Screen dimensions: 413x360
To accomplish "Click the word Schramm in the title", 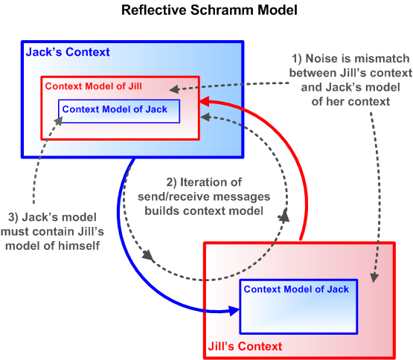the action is click(x=222, y=10).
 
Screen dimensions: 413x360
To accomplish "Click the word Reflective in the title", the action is click(x=154, y=10).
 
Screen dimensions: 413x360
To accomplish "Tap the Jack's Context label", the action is click(x=68, y=52).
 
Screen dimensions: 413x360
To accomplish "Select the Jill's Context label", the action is click(x=245, y=346).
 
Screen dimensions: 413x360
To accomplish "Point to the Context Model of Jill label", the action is click(x=94, y=86).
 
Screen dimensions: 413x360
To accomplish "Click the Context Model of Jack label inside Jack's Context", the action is click(x=115, y=109).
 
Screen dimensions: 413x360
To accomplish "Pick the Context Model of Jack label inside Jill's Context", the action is click(x=296, y=289).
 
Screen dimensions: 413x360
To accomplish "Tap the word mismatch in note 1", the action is click(x=380, y=59).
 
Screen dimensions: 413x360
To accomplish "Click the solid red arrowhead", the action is click(x=205, y=101).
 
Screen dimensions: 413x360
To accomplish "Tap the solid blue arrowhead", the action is click(x=234, y=310).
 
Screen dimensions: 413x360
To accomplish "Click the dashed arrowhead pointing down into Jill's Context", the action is click(x=374, y=278).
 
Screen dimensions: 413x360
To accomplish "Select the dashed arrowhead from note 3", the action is click(x=59, y=121).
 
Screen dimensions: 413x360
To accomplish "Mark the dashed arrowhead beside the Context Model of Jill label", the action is click(x=174, y=89).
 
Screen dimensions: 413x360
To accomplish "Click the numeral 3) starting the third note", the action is click(x=13, y=217).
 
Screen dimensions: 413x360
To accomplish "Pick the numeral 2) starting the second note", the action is click(x=171, y=182).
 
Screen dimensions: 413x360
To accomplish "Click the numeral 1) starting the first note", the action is click(x=297, y=59).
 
